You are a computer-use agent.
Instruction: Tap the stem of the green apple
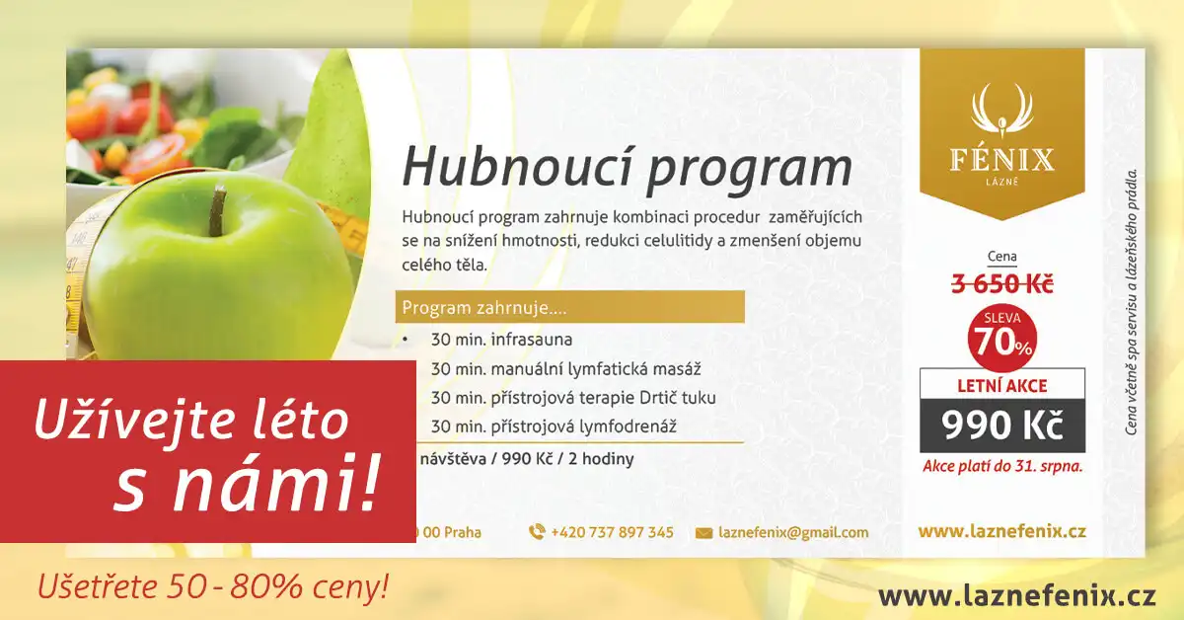coord(216,210)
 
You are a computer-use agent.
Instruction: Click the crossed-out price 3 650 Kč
coord(1002,284)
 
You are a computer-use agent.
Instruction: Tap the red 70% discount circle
coord(1002,338)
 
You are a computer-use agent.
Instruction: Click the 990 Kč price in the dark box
coord(1002,426)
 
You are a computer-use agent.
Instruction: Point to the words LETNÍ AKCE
coord(1002,386)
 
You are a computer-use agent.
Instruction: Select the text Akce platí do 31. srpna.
coord(1002,467)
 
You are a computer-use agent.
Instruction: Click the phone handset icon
coord(537,532)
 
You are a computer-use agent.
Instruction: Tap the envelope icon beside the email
coord(703,533)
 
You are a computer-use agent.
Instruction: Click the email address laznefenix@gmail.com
coord(793,533)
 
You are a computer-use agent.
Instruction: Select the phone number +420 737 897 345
coord(612,532)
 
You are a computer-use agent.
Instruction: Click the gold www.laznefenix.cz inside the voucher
coord(1002,531)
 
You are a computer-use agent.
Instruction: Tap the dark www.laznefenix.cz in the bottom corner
coord(1017,596)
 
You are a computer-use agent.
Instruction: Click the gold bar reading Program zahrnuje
coord(570,307)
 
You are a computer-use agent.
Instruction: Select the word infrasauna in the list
coord(531,339)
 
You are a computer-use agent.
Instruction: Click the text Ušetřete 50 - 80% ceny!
coord(213,586)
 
